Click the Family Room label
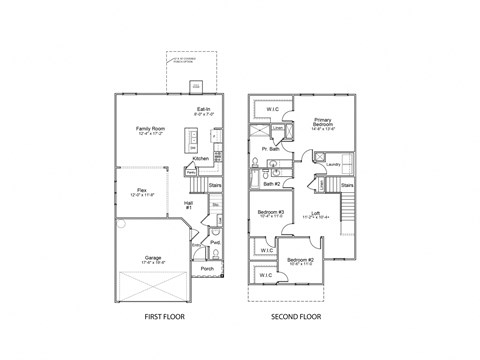click(150, 129)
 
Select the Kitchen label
click(200, 158)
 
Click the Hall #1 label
click(188, 205)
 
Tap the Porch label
click(208, 268)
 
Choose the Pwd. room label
click(214, 243)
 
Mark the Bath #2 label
click(271, 184)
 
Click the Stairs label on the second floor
click(348, 184)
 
